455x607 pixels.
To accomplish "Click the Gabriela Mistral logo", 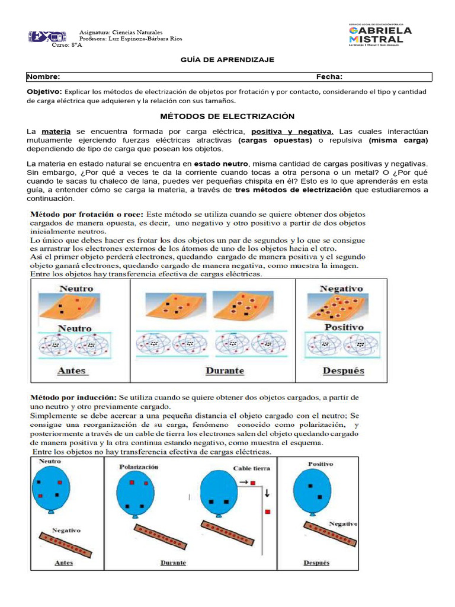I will tap(380, 35).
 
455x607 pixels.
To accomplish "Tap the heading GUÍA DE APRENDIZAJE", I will tap(227, 60).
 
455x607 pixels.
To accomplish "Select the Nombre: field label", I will tap(44, 77).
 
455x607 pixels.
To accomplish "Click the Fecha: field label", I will tap(329, 77).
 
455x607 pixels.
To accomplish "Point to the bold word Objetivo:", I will tap(44, 92).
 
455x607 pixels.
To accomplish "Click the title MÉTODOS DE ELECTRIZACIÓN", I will tap(228, 116).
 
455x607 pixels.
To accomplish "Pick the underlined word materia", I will tap(55, 130).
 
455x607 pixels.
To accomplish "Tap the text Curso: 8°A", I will tap(67, 45).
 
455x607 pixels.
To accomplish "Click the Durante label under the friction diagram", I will tap(225, 371).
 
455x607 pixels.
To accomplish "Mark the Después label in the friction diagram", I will tap(343, 371).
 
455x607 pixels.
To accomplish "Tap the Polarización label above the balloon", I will tap(139, 467).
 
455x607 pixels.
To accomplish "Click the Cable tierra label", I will tap(251, 468).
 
